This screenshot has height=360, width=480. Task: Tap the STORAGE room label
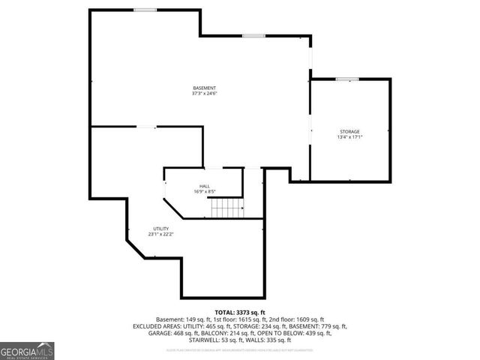click(x=349, y=131)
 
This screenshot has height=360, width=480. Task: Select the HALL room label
click(x=204, y=186)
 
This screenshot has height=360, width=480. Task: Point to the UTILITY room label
click(x=161, y=229)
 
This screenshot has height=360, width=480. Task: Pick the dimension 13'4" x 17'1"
click(x=349, y=137)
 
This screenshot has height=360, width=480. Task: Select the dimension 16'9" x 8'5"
click(x=204, y=191)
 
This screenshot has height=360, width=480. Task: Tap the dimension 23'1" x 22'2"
click(x=161, y=235)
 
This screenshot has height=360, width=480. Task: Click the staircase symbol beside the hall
click(x=227, y=208)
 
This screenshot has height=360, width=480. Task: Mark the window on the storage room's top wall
click(x=346, y=79)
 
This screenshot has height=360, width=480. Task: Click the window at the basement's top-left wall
click(x=145, y=10)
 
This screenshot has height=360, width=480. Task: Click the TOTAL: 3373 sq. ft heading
click(x=239, y=312)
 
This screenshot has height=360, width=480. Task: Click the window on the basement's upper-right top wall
click(x=253, y=35)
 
